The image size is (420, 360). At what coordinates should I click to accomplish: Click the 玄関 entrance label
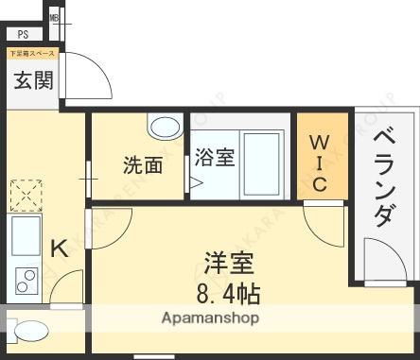[x=33, y=80]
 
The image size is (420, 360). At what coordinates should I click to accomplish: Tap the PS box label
[x=22, y=34]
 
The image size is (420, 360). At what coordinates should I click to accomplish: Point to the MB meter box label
[x=54, y=18]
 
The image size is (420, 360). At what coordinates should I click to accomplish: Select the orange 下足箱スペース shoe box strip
[x=33, y=54]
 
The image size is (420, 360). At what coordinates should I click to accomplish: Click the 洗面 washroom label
[x=143, y=165]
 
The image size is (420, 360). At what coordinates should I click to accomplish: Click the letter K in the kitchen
[x=58, y=249]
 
